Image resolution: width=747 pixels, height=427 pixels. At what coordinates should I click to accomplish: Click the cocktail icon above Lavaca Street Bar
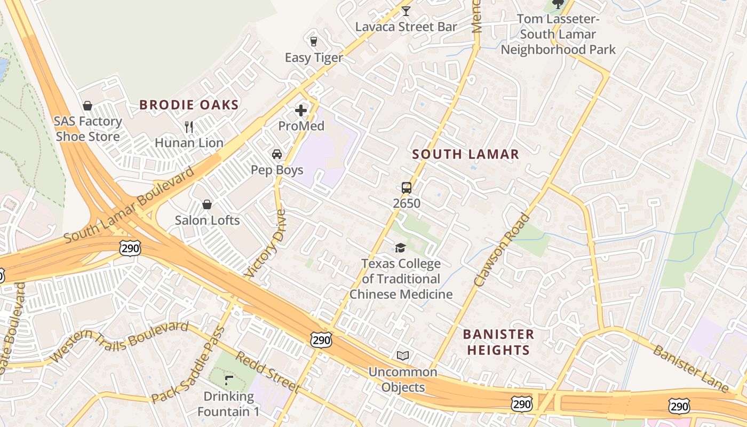406,11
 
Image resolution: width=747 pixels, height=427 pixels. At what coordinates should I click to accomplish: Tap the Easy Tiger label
314,58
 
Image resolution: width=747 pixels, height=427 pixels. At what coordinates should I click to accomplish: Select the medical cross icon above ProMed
301,110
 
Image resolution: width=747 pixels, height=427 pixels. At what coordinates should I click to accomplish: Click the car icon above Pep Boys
277,154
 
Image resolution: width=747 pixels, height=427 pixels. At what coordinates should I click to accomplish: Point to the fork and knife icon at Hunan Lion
188,126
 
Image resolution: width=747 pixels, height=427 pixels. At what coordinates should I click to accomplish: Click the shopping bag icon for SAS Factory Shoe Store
88,106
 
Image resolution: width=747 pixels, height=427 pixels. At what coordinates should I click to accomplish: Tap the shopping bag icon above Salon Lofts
207,204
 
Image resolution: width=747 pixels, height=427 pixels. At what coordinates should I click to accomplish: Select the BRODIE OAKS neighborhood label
189,105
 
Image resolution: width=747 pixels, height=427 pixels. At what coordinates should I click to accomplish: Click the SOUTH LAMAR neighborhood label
465,154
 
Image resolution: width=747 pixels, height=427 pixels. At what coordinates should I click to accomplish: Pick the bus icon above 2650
407,187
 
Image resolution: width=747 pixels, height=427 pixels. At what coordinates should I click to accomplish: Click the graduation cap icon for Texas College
400,248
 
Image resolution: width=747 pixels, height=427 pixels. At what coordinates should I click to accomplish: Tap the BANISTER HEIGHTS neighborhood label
498,342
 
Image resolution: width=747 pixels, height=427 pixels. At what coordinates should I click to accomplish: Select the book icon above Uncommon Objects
403,355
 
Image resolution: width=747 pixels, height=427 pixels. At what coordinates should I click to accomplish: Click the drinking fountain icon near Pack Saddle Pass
229,381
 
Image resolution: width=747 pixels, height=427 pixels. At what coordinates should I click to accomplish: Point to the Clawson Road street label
502,250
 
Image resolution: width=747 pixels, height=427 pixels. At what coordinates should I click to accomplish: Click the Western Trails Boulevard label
120,342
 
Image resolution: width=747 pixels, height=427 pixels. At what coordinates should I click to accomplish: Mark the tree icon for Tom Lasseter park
558,4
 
